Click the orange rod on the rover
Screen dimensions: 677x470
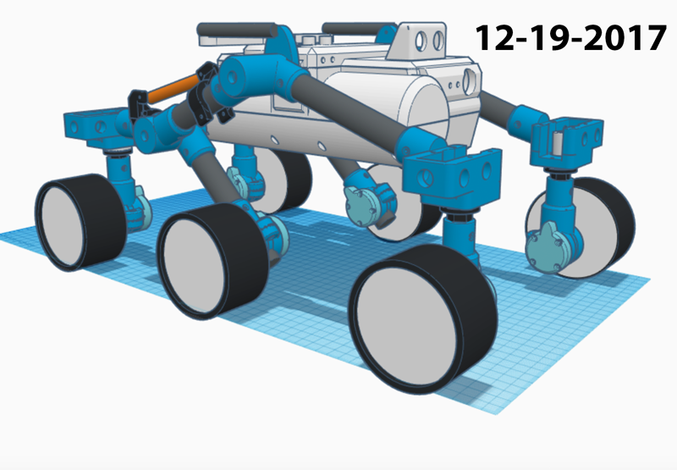[x=172, y=88]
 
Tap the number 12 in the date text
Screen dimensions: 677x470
[x=493, y=38]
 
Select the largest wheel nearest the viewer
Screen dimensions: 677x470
[x=422, y=319]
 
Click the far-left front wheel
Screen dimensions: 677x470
[x=79, y=222]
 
